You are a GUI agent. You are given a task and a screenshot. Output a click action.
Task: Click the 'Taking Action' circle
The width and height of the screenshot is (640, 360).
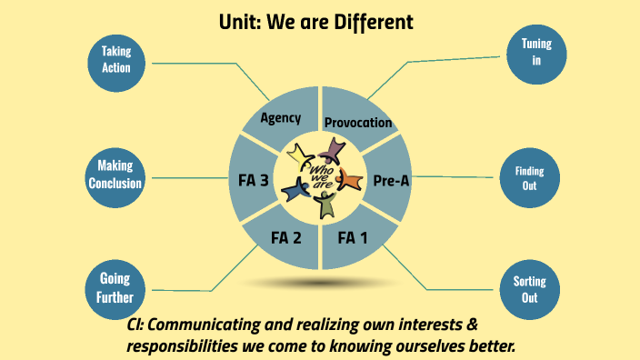coord(116,60)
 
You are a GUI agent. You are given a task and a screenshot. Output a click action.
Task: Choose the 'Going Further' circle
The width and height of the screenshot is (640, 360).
coord(115,287)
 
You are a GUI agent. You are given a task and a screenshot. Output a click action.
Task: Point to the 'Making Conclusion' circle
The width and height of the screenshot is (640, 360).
coord(115,175)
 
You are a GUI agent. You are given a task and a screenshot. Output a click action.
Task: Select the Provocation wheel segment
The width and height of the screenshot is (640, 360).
coord(358,118)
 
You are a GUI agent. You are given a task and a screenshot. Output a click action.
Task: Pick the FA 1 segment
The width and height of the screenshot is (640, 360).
coord(355,239)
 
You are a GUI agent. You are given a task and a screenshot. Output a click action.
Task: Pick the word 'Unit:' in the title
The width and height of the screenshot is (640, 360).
coord(239,21)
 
